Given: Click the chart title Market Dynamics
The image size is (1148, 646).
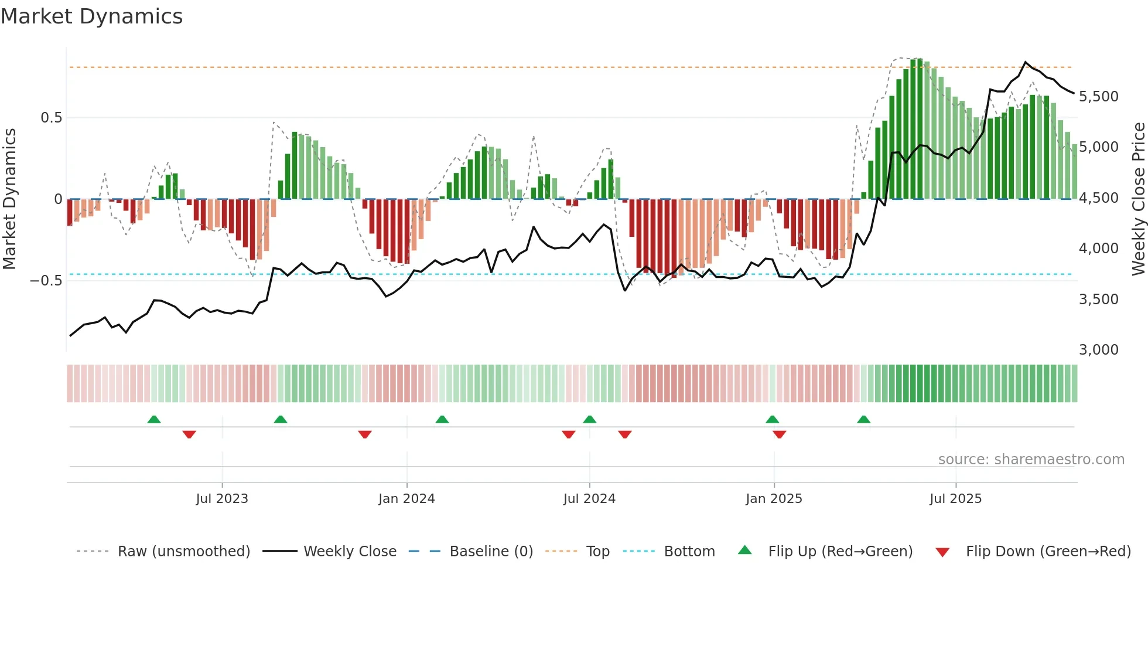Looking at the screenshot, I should (x=92, y=16).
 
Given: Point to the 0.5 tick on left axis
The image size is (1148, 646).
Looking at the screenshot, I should (x=51, y=118).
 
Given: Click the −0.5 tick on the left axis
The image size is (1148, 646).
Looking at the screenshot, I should (x=46, y=281).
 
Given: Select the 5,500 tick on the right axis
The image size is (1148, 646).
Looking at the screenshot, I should (x=1098, y=97).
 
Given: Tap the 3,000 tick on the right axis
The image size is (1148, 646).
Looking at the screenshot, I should (x=1098, y=350).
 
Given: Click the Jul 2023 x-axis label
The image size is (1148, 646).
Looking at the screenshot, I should (x=222, y=499).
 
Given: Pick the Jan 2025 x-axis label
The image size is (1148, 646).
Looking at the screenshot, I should (x=774, y=499).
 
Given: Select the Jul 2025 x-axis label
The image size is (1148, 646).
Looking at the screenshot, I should (x=955, y=499).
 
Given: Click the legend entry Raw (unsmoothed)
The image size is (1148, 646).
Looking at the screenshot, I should (x=183, y=552).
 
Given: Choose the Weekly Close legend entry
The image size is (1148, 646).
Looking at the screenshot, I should (x=350, y=552).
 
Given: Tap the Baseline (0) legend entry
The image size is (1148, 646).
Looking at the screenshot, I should (x=491, y=552).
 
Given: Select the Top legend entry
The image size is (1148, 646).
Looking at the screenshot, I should (x=597, y=552).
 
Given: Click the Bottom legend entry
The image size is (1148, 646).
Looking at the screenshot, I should (x=689, y=552).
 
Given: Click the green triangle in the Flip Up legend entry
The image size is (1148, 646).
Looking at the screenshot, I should (x=744, y=550).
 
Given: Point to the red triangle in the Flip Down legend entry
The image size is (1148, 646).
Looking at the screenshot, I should (x=942, y=552).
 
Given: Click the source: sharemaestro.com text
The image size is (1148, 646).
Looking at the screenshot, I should (x=1031, y=460).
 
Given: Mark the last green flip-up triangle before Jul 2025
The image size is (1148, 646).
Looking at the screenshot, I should (x=863, y=419).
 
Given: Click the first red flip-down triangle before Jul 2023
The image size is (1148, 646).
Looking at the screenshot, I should (x=189, y=434).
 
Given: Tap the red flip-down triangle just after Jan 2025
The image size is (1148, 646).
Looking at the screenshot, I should (x=779, y=434).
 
